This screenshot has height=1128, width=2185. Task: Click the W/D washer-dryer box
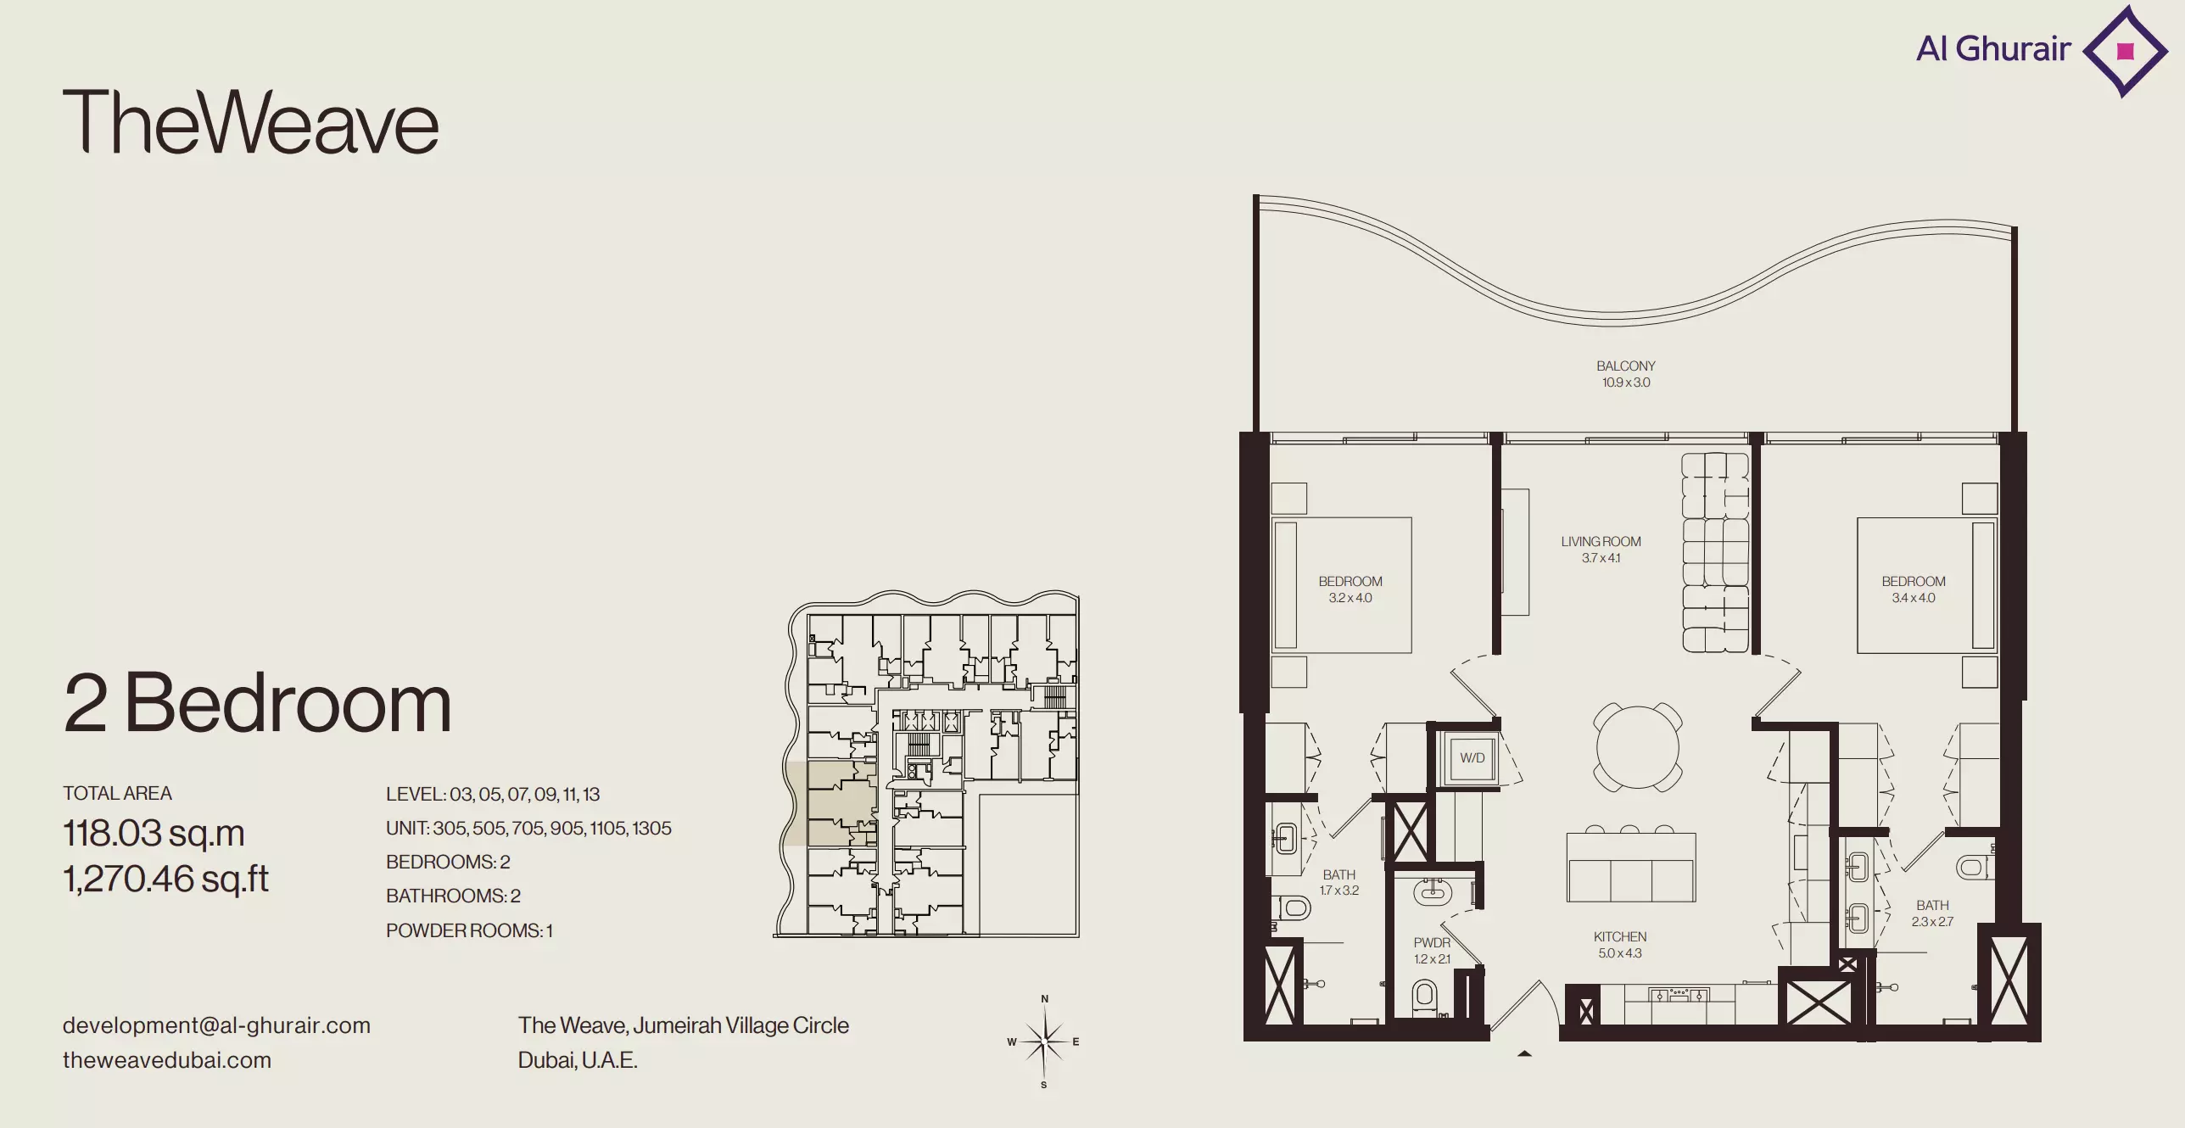(1472, 757)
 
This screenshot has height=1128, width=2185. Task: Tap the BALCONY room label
(1625, 366)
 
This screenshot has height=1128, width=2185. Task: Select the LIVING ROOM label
(1601, 542)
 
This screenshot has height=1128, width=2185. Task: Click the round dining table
(1638, 747)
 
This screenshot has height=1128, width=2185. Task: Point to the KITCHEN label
(1619, 937)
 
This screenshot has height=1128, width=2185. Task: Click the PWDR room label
(1432, 943)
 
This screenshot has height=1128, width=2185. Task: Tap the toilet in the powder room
(1425, 997)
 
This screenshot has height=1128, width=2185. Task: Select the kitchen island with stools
(1630, 863)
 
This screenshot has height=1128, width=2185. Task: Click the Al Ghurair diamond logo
(2125, 52)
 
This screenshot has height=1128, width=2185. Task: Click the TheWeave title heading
(251, 122)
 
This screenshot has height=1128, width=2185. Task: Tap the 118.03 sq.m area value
(154, 834)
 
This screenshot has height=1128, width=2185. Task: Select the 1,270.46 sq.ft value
(165, 880)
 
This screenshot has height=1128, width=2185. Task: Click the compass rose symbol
(1044, 1041)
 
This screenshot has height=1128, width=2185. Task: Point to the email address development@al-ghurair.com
(216, 1025)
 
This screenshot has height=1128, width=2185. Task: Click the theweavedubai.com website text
(167, 1060)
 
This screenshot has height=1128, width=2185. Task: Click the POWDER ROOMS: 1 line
(469, 930)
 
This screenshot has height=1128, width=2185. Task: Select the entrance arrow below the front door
(1524, 1054)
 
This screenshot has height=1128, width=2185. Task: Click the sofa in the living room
(1715, 552)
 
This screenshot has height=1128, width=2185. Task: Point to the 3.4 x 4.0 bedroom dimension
(1914, 598)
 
